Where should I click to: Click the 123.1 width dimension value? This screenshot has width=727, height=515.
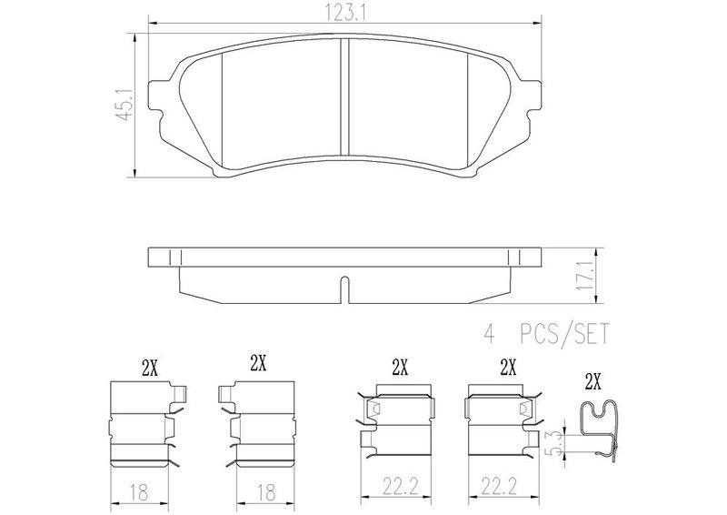(344, 14)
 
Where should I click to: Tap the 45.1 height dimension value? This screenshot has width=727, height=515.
(125, 106)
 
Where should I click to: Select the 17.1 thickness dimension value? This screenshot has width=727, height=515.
(584, 276)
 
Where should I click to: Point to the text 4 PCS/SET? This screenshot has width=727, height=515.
(545, 334)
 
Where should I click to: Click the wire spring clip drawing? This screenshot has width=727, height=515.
(600, 429)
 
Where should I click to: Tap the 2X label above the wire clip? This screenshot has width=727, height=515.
(593, 383)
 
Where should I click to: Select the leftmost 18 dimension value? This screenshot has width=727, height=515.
(139, 491)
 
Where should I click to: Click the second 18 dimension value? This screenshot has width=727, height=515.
(265, 491)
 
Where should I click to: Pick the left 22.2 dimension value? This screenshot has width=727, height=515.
(401, 487)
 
